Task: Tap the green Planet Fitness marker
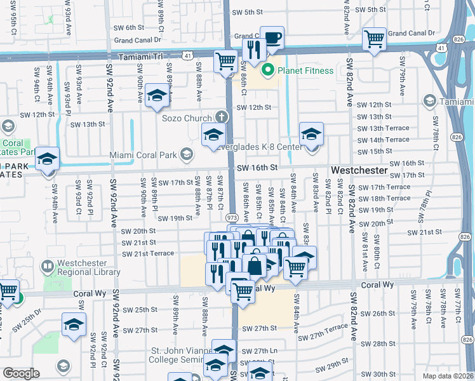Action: [269, 70]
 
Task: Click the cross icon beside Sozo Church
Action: [221, 117]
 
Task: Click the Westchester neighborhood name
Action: [359, 171]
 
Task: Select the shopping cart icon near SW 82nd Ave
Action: [374, 39]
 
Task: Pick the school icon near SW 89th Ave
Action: [156, 96]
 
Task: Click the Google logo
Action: [21, 373]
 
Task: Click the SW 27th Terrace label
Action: [322, 334]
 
